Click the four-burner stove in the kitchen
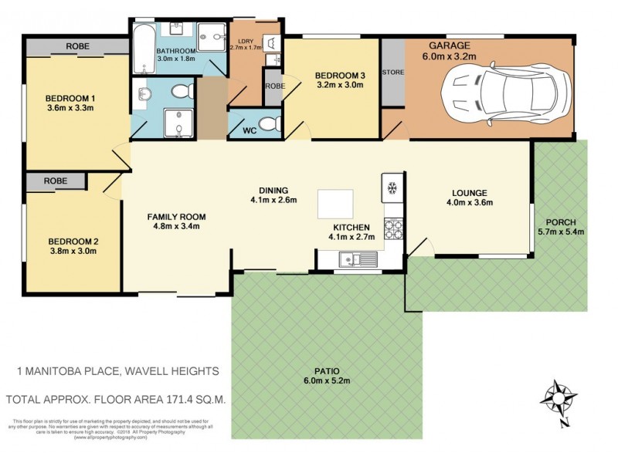pyautogui.click(x=393, y=228)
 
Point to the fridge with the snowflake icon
pyautogui.click(x=391, y=188)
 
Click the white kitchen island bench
pyautogui.click(x=335, y=204)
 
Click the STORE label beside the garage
pyautogui.click(x=392, y=72)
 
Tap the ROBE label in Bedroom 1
pyautogui.click(x=77, y=46)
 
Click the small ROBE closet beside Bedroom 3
pyautogui.click(x=274, y=87)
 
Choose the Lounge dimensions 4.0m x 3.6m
pyautogui.click(x=468, y=203)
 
